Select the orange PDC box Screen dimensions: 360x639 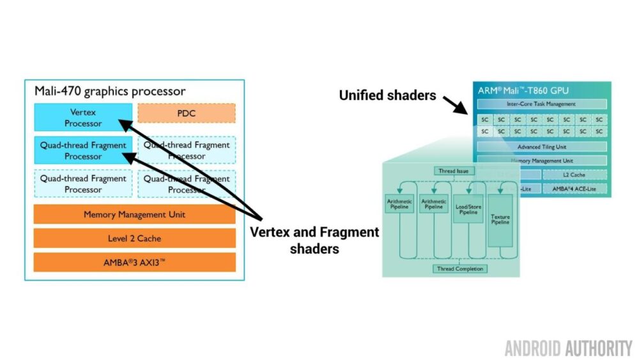click(x=186, y=113)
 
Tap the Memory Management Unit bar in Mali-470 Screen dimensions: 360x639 click(x=134, y=215)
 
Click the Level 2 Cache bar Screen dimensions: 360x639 click(x=134, y=239)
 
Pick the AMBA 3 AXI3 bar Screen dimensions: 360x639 click(x=134, y=262)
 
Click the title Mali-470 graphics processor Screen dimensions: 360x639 click(x=109, y=91)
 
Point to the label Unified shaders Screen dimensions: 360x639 click(x=387, y=95)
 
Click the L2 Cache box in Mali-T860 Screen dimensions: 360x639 click(x=574, y=174)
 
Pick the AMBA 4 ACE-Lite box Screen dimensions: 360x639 click(x=574, y=189)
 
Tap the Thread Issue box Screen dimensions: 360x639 click(x=454, y=171)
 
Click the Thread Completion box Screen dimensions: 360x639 click(x=459, y=269)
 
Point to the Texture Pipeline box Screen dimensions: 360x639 click(x=500, y=221)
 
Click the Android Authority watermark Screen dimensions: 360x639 click(x=567, y=348)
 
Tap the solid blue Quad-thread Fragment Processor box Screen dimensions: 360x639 click(x=83, y=151)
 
